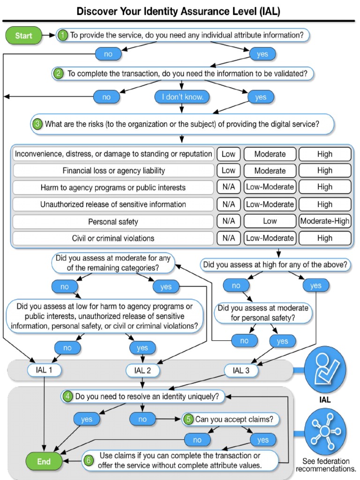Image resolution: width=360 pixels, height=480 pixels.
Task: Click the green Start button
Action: [23, 36]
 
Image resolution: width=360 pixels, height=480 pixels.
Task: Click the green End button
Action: [44, 461]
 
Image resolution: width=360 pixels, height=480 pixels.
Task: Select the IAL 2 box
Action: [142, 370]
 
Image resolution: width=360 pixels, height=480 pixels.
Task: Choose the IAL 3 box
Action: [240, 370]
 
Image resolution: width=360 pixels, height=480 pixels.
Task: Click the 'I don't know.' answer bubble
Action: [182, 97]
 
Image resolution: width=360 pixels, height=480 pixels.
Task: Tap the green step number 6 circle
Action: [89, 460]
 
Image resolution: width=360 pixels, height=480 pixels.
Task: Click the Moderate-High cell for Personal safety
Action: [325, 221]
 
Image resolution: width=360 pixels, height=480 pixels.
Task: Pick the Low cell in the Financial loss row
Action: [228, 171]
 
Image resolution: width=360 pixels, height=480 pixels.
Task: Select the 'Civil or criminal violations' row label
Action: [113, 238]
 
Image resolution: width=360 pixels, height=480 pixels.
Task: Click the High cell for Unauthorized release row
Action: [325, 204]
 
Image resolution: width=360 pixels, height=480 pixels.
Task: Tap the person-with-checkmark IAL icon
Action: [325, 368]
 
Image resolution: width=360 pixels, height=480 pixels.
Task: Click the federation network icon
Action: [325, 431]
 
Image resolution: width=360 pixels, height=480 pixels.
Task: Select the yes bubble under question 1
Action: [262, 54]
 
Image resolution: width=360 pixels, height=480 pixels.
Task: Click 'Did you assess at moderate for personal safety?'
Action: [263, 313]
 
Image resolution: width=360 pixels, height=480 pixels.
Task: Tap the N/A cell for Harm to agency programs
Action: [228, 187]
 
